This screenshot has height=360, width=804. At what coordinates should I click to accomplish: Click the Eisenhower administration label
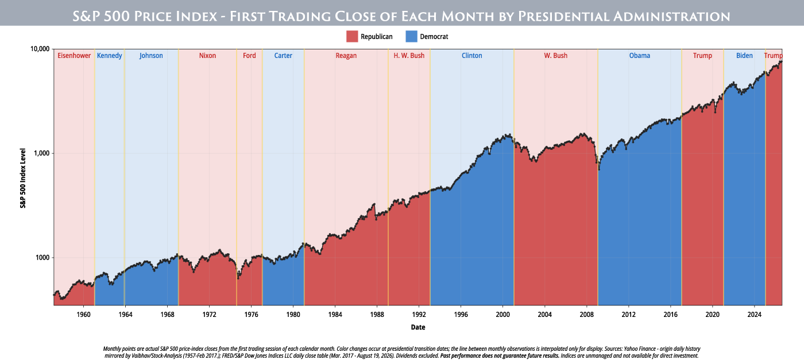(74, 56)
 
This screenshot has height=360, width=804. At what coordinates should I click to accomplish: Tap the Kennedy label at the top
(110, 56)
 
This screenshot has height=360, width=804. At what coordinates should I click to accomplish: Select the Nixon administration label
(207, 56)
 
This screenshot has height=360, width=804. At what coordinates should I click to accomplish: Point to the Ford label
(249, 56)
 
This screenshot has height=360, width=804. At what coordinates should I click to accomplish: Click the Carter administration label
(283, 56)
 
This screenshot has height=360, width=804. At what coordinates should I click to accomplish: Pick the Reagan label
(346, 56)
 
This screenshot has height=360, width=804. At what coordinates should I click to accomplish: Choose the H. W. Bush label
(409, 56)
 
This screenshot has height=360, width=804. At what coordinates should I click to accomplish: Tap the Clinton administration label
(471, 56)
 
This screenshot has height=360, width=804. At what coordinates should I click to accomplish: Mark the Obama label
(640, 56)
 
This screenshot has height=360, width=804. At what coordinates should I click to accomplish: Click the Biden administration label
(744, 56)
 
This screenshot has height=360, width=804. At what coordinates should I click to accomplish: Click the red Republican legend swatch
(352, 36)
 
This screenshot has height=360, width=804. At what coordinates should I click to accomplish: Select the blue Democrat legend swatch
(411, 36)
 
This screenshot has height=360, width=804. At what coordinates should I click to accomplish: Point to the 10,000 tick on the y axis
(40, 49)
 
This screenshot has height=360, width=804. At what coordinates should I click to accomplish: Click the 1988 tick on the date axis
(377, 315)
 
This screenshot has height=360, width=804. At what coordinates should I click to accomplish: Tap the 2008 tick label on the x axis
(586, 315)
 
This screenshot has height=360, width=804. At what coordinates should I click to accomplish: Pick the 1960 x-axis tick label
(83, 315)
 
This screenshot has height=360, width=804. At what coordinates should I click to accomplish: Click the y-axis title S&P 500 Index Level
(23, 178)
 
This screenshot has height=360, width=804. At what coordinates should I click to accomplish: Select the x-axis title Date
(418, 327)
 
